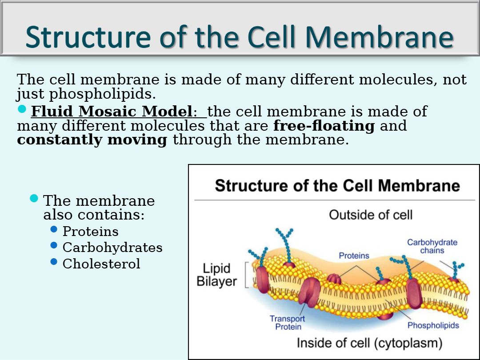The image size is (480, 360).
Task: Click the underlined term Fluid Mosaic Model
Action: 112,111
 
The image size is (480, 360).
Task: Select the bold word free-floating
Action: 324,126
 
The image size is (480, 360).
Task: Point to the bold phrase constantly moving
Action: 92,140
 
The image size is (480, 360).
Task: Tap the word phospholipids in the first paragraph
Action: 103,94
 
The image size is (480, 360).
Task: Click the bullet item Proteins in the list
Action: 90,232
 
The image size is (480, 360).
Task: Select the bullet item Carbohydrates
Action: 112,248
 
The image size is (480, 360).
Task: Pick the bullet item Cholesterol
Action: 101,264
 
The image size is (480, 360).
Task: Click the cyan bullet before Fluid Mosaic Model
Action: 22,109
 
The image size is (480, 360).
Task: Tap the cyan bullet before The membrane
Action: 34,198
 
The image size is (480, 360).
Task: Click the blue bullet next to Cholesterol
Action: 54,262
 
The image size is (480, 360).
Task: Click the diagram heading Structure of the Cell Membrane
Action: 337,185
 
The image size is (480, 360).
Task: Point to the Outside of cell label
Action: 371,215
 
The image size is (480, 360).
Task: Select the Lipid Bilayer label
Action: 217,275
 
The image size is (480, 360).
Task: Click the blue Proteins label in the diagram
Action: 354,256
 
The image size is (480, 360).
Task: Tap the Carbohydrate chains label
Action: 432,246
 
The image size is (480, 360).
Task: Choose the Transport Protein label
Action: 288,323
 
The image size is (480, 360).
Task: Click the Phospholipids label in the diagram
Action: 433,325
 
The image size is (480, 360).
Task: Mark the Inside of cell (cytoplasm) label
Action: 369,343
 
